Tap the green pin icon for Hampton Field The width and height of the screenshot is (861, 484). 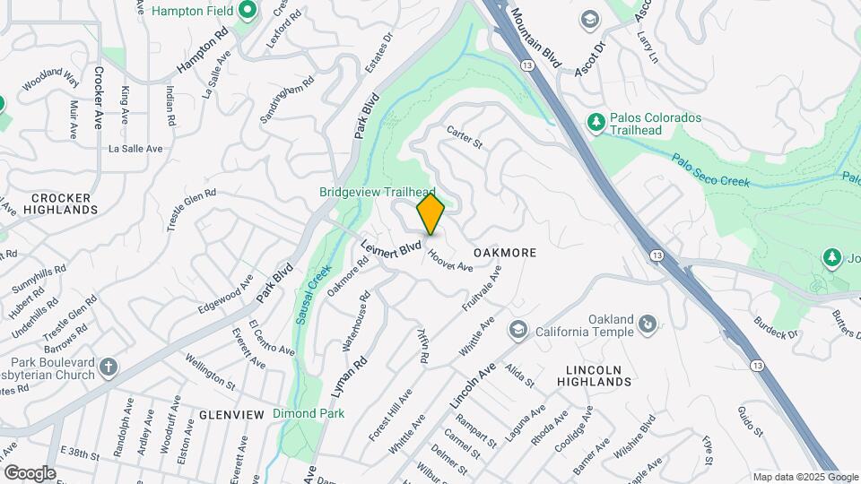[249, 11]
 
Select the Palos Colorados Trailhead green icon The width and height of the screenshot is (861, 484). [595, 121]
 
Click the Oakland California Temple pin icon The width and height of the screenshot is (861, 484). [648, 323]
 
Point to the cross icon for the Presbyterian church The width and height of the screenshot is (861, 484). [109, 367]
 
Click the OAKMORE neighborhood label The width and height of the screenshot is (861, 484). [504, 253]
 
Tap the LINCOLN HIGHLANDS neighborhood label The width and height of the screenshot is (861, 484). [600, 376]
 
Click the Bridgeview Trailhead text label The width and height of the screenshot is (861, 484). [377, 192]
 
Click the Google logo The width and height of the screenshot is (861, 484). [29, 473]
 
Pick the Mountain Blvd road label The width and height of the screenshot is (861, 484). [536, 38]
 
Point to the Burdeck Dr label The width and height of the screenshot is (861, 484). [775, 328]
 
